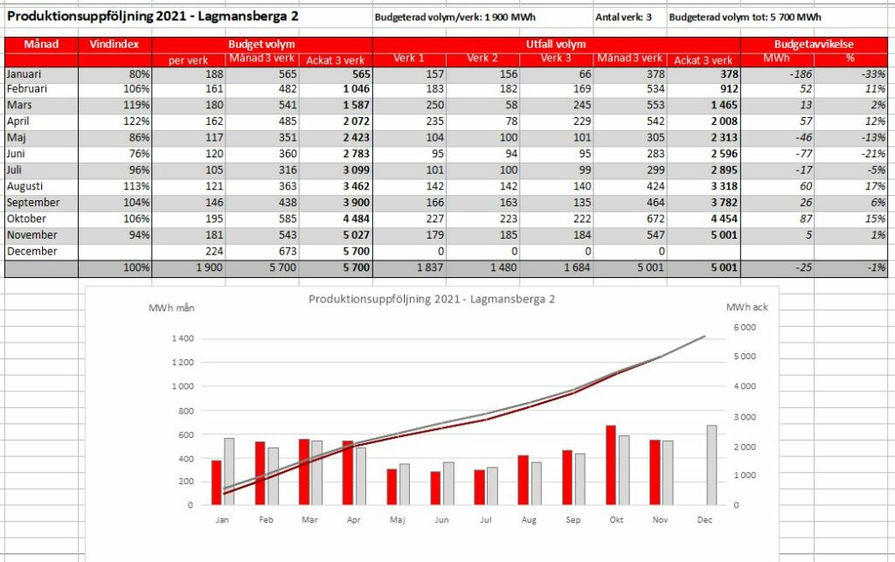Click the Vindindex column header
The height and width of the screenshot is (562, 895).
tap(114, 45)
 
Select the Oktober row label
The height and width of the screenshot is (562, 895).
tap(27, 219)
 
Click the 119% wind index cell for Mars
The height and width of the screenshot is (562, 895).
tap(136, 105)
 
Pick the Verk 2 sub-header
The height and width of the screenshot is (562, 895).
tap(482, 59)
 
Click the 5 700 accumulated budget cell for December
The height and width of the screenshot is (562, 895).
tap(357, 251)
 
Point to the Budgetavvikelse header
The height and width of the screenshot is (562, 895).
tap(814, 45)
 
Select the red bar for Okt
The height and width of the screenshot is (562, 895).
tap(611, 465)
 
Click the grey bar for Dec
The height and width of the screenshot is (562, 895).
tap(711, 465)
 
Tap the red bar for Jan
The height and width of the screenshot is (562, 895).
tap(217, 482)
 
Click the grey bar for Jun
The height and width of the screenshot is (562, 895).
tap(448, 484)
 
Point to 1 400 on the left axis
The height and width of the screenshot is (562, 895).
tap(183, 338)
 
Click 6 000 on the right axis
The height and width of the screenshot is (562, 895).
tap(745, 328)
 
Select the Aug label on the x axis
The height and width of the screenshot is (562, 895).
tap(529, 520)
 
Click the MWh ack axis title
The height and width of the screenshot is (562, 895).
tap(746, 308)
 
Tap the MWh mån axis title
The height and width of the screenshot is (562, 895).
tap(171, 309)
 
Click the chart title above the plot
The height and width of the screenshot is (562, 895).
tap(432, 299)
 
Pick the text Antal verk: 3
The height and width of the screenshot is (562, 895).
tap(623, 17)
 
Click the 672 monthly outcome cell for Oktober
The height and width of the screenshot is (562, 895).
tap(656, 219)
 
